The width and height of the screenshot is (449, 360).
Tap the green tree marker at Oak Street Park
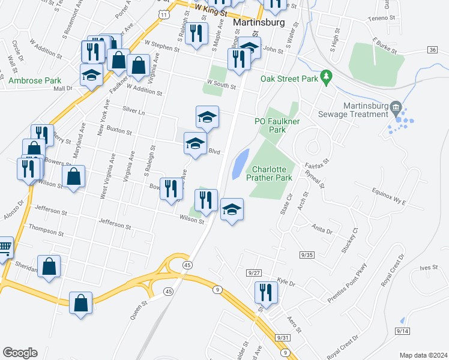(326, 76)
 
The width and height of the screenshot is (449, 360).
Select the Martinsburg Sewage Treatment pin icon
(395, 109)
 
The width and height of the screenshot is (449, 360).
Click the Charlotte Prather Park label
(271, 173)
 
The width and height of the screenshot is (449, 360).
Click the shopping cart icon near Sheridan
(5, 245)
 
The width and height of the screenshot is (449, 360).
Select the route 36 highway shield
(433, 50)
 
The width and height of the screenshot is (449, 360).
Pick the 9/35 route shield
(307, 255)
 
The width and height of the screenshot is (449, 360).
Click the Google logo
(20, 353)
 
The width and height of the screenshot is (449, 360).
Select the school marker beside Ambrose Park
(91, 75)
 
